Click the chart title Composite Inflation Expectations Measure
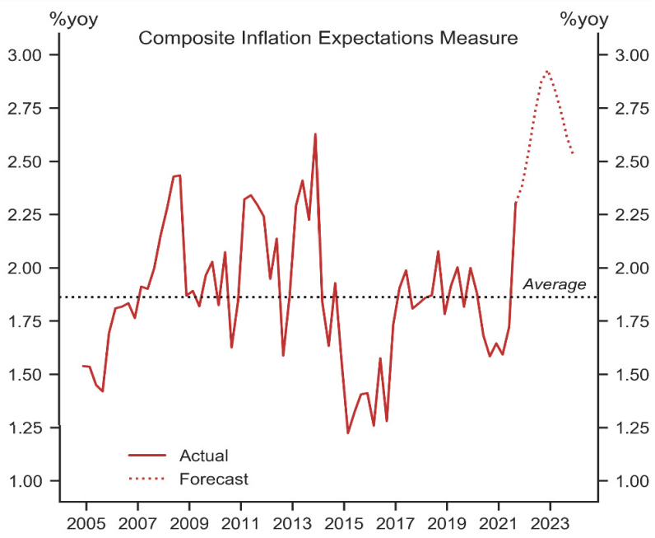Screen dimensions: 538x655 pos(327,38)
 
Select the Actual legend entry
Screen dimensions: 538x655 pos(202,455)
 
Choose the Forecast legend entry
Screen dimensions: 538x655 pos(213,478)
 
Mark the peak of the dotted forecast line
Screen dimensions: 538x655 pos(547,71)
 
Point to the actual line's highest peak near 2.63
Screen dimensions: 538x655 pos(315,133)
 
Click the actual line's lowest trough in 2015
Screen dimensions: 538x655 pos(348,433)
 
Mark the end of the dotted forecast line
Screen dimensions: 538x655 pos(573,154)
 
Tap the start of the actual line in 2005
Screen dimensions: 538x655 pos(82,366)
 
